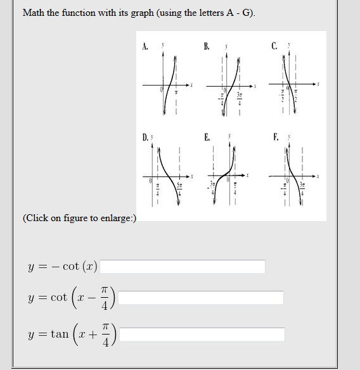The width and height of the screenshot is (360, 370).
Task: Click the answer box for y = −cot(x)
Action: point(183,267)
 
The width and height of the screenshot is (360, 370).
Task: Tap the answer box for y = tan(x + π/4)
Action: point(202,334)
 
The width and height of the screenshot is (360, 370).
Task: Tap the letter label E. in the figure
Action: point(207,137)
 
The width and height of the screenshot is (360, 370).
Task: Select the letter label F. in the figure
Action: point(274,137)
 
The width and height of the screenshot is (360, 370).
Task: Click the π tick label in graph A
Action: point(176,92)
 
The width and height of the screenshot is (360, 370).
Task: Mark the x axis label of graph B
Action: point(256,85)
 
